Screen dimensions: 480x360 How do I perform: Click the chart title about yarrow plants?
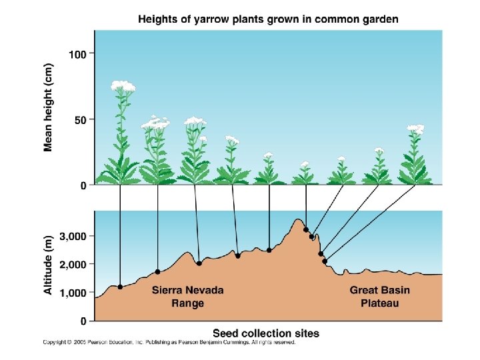coord(268,19)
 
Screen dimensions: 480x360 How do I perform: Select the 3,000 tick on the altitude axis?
coord(73,236)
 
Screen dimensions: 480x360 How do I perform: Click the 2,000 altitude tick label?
coord(73,265)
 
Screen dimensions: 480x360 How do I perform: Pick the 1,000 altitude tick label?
coord(73,293)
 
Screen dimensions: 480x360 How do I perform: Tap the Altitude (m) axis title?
coord(49,265)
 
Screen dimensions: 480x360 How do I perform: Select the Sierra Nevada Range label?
coord(187,297)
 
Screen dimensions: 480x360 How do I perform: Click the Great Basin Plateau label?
coord(380,297)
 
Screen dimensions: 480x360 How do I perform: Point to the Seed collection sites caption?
coord(265,333)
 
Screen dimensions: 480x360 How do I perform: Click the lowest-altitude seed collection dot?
coord(120,287)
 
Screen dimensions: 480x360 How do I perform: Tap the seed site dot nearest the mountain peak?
coord(306,230)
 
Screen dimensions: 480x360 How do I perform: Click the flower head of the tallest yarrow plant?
coord(123,85)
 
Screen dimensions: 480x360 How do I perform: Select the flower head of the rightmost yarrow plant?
coord(416,128)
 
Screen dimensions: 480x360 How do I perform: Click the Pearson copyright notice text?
coord(169,343)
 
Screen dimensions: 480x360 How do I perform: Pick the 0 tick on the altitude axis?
coord(83,321)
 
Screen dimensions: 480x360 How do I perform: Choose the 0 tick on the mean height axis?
coord(83,185)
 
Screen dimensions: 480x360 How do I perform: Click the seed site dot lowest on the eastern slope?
coord(325,261)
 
